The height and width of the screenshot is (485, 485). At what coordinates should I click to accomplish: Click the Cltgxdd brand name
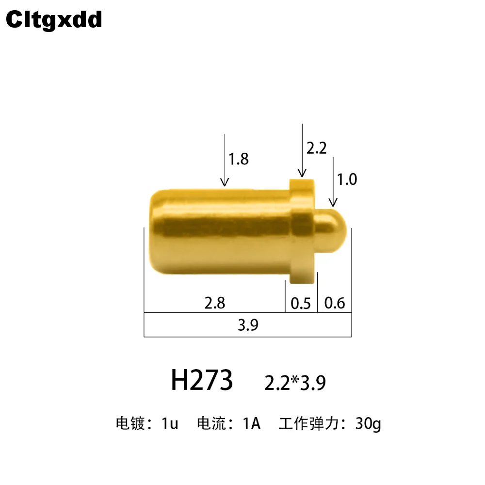pos(54,20)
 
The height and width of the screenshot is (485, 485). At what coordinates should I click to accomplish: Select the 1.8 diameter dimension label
pos(239,159)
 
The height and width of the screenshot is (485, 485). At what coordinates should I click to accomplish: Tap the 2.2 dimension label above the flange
pos(316,148)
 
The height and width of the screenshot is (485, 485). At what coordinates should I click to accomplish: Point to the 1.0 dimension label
pos(347,179)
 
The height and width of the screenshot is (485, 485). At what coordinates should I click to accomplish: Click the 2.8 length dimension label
pos(215,303)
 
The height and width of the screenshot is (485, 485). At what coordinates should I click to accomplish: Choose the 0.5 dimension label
pos(301,304)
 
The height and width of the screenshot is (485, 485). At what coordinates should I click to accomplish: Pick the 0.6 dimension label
pos(335,303)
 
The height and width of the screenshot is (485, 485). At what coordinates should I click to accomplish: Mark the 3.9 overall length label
pos(248,325)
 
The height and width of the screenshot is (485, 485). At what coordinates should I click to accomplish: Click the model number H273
pos(202,380)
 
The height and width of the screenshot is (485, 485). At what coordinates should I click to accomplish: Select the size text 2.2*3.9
pos(295,383)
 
